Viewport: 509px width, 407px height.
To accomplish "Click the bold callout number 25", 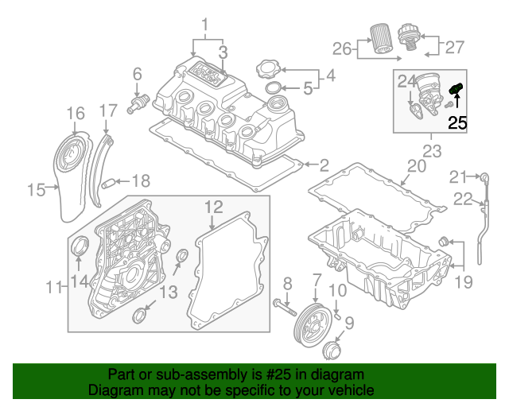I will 457,122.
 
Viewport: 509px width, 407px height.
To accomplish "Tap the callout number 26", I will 341,49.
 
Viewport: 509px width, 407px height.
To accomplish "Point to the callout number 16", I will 75,113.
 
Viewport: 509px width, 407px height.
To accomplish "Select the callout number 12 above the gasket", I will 212,207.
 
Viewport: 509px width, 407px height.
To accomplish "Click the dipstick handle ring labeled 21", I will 482,175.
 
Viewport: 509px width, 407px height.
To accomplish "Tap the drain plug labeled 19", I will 445,241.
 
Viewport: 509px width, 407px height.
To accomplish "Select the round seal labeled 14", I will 80,248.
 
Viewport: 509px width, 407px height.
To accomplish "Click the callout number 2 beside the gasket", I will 324,165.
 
